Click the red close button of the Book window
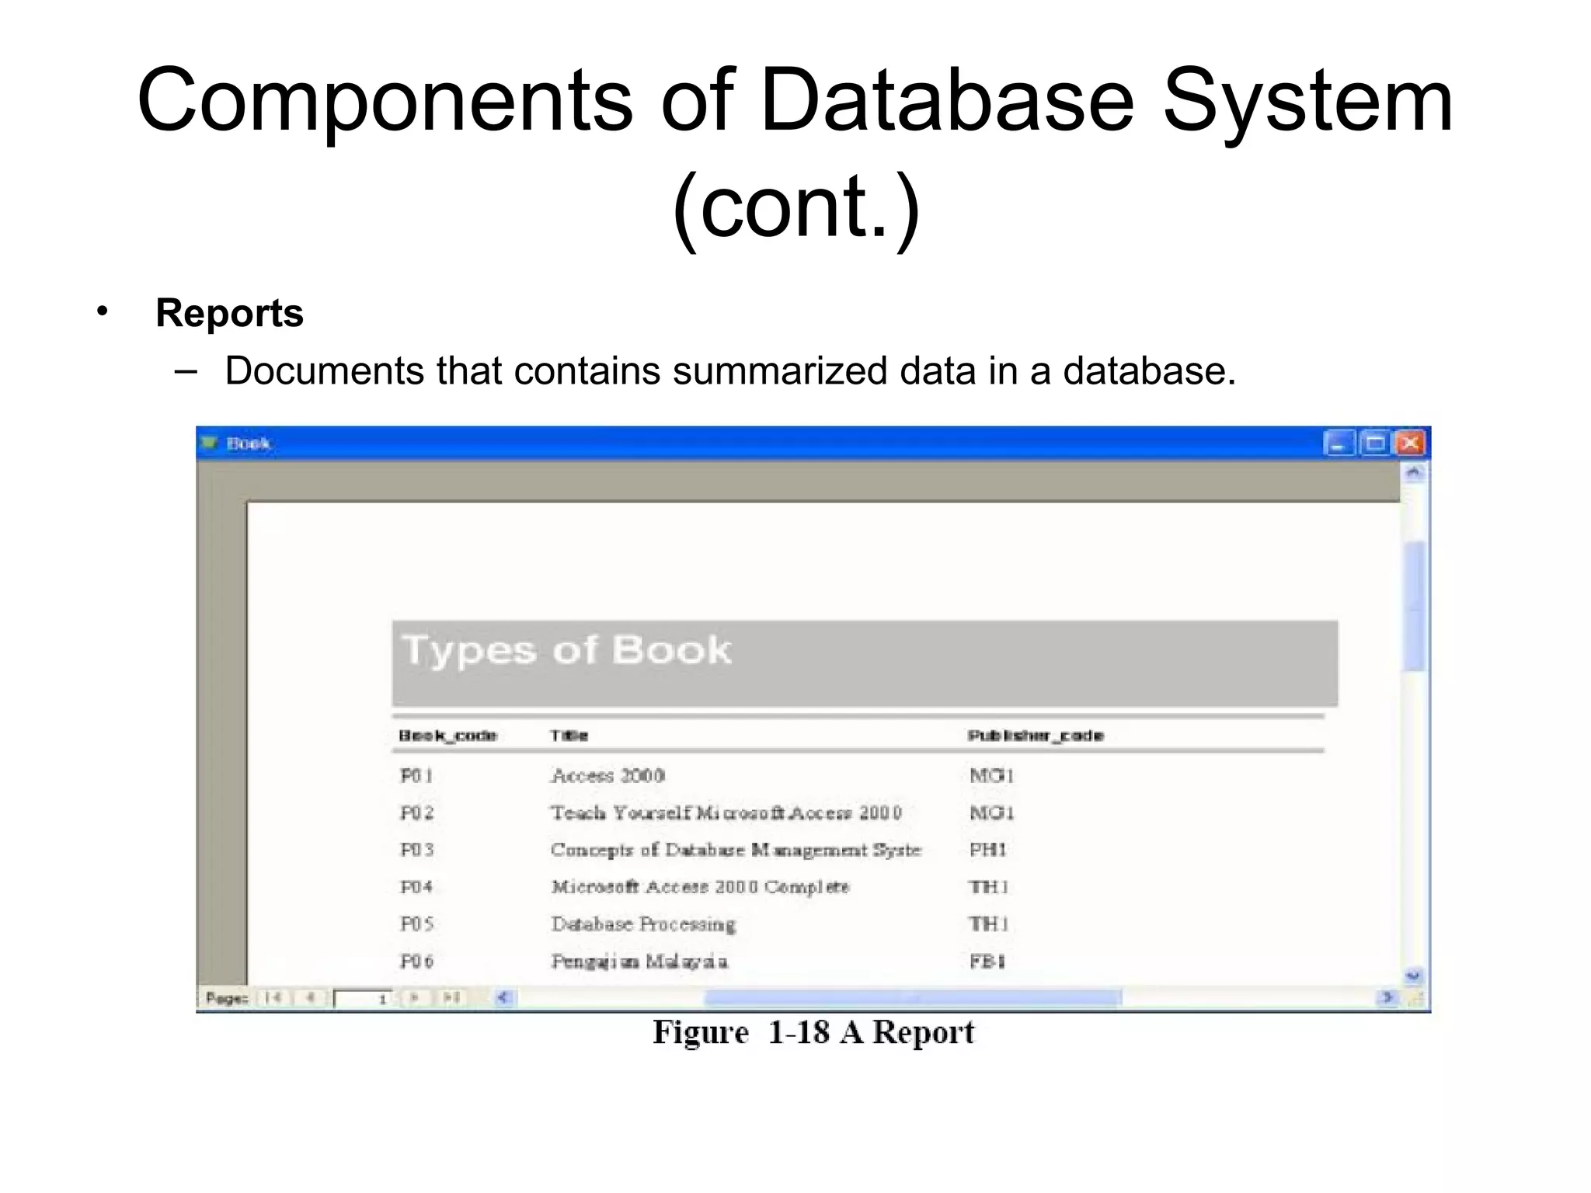tap(1411, 443)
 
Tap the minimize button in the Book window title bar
tap(1339, 443)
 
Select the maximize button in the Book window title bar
tap(1375, 443)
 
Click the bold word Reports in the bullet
tap(229, 313)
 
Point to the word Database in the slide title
tap(947, 101)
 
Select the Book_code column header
tap(447, 736)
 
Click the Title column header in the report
tap(569, 736)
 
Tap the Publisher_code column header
tap(1036, 736)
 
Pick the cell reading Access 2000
tap(608, 775)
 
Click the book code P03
tap(416, 850)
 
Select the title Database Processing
tap(643, 924)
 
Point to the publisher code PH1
tap(988, 850)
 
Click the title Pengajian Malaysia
tap(639, 962)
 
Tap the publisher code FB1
tap(987, 962)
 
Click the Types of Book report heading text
tap(566, 650)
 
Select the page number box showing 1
tap(364, 999)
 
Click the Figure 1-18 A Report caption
tap(813, 1032)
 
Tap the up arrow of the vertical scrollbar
tap(1414, 472)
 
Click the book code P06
tap(416, 962)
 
